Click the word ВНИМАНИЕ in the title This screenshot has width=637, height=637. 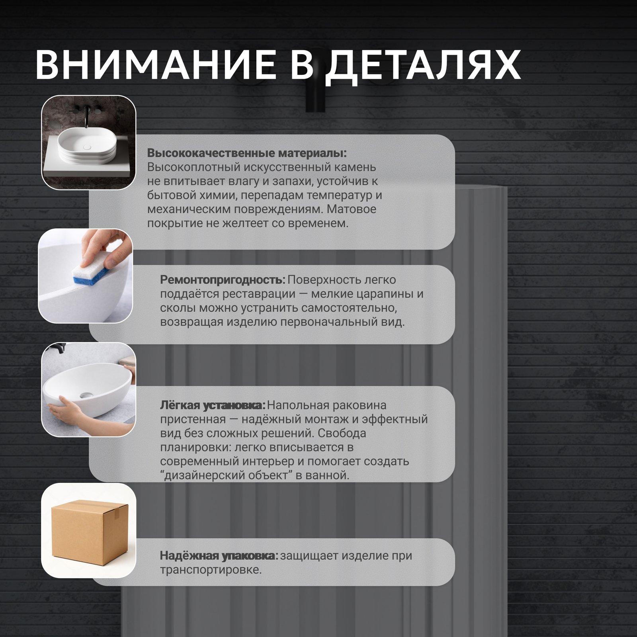(156, 64)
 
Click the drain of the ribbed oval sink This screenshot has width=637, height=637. (87, 147)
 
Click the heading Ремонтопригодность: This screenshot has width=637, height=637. (223, 280)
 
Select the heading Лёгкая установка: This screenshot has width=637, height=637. (213, 405)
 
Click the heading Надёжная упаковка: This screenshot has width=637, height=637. (219, 555)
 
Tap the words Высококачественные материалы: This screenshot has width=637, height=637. (247, 153)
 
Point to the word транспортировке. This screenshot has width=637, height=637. (211, 570)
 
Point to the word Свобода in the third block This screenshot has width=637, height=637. (342, 433)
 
